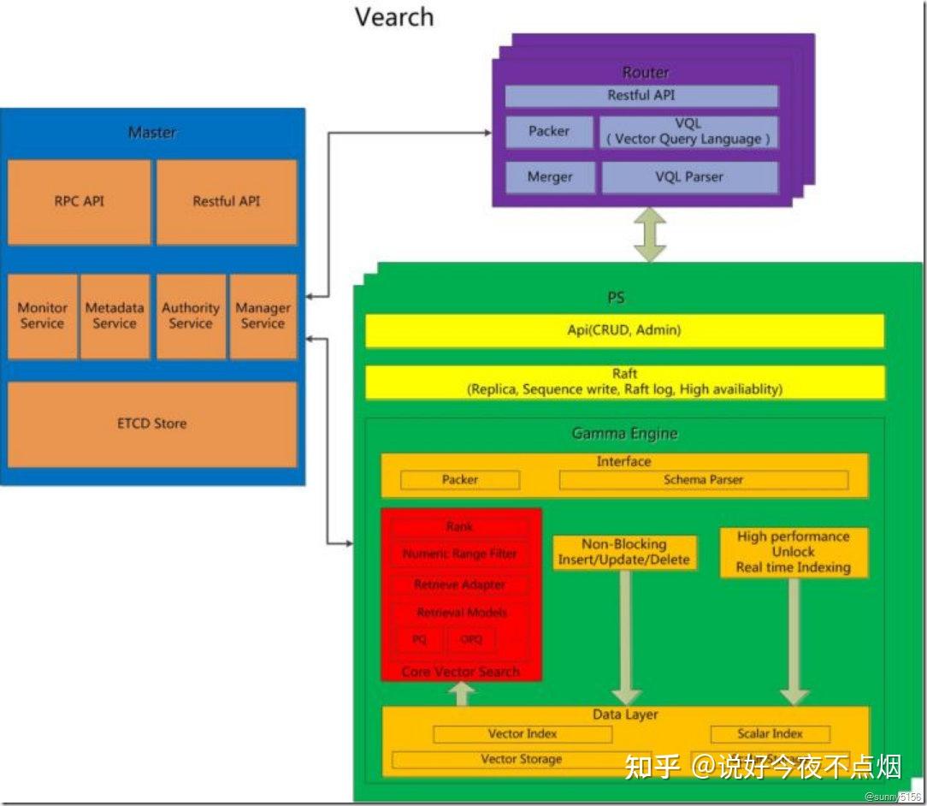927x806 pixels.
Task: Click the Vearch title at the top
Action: (394, 17)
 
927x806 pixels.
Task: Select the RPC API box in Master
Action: (79, 202)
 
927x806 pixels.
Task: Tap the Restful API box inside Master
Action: (227, 202)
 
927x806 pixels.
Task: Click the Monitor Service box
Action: (42, 316)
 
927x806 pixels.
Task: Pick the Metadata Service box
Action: (115, 316)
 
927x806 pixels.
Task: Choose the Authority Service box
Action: (191, 316)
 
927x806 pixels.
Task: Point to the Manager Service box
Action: (263, 316)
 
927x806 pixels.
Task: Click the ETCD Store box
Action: (152, 424)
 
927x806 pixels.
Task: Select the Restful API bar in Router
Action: (641, 96)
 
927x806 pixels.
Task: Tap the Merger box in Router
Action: (549, 177)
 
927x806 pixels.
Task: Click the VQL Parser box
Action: (689, 177)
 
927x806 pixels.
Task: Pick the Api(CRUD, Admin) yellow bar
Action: (624, 330)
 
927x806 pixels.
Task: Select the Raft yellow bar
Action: (624, 382)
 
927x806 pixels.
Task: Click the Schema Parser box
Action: (703, 480)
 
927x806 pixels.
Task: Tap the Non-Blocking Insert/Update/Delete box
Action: (624, 552)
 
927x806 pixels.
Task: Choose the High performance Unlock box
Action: (794, 552)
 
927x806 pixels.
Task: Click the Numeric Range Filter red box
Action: (460, 554)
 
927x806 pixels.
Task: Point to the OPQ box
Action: (471, 639)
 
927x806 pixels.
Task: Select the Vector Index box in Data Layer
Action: (523, 734)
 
